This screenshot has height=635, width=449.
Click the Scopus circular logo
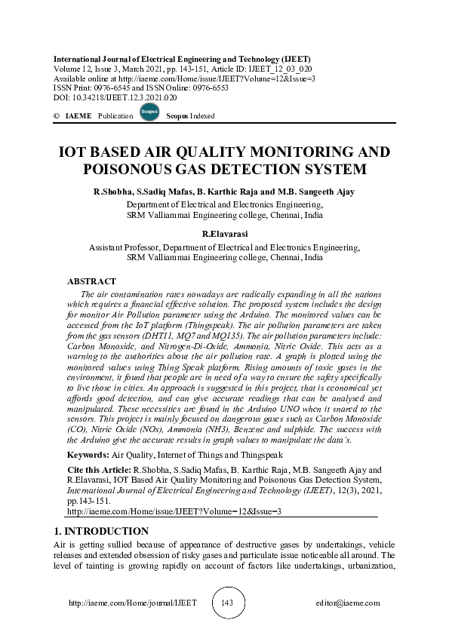(x=149, y=115)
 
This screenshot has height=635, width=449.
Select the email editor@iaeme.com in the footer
(x=348, y=603)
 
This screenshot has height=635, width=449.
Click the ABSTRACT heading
(x=91, y=281)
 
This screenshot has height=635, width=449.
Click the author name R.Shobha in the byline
(x=113, y=192)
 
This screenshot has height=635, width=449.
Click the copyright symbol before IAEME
(x=57, y=116)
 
